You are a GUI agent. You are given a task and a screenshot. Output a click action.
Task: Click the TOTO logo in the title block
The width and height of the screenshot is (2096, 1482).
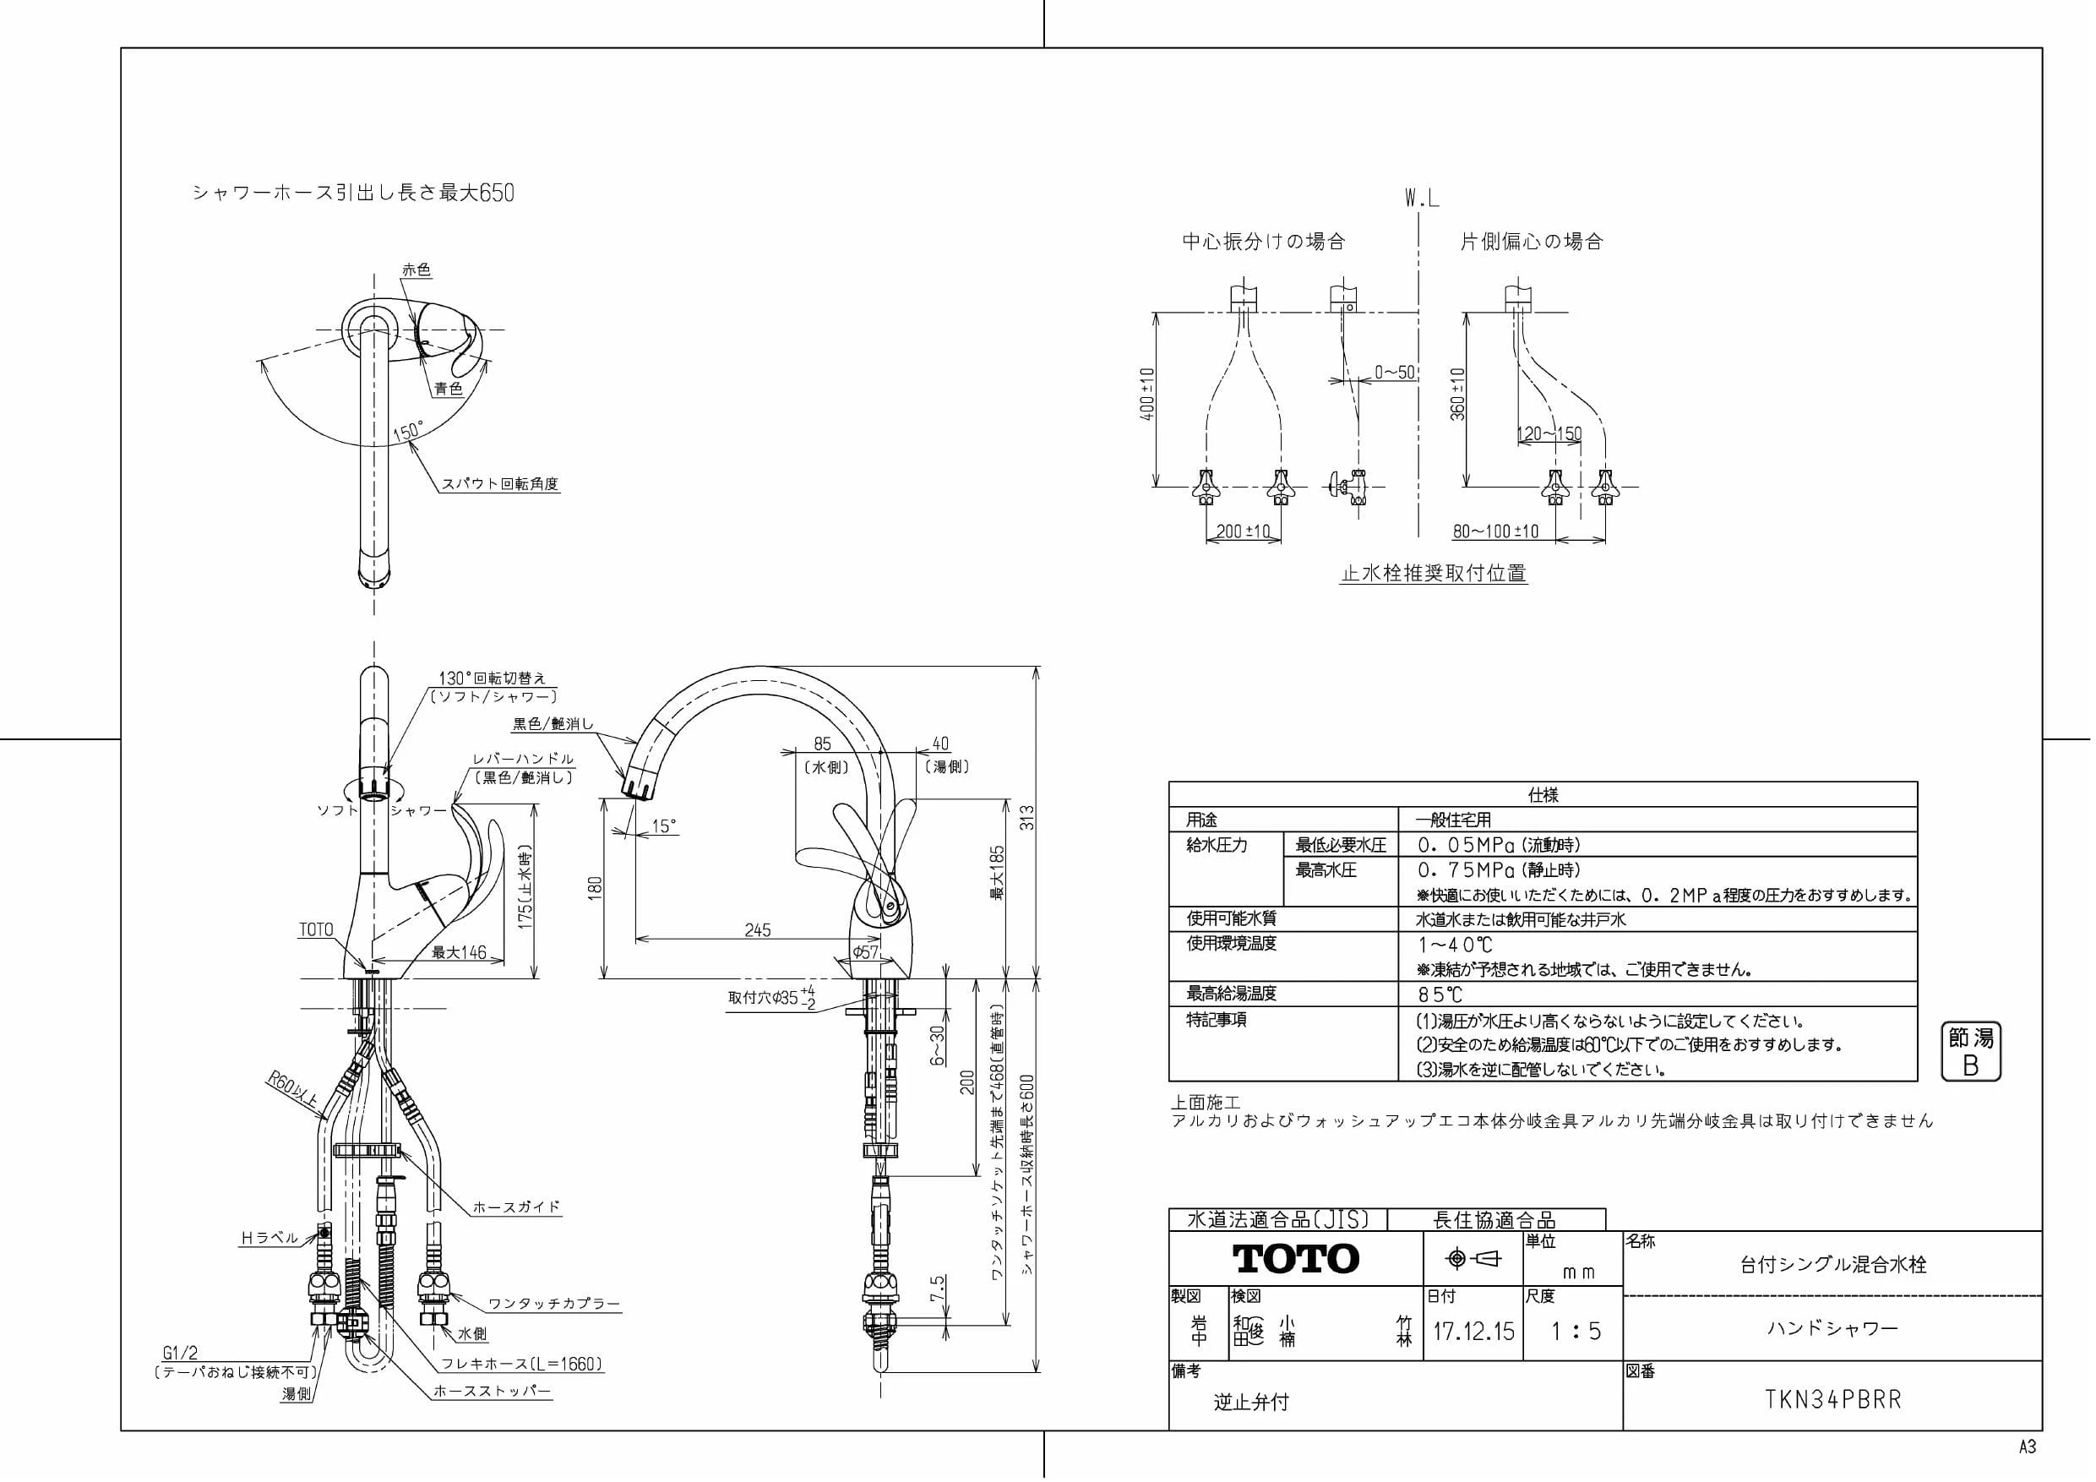coord(1295,1258)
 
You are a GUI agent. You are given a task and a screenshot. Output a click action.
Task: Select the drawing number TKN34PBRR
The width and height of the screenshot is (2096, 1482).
coord(1833,1400)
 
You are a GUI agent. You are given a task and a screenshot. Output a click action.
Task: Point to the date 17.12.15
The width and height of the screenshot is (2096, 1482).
coord(1473,1331)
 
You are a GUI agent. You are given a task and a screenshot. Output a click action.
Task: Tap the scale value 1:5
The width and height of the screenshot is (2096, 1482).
coord(1576,1331)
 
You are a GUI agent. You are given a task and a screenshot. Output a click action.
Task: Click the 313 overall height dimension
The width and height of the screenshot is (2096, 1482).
coord(1026,818)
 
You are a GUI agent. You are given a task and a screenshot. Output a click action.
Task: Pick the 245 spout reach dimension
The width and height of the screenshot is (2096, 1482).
coord(758,929)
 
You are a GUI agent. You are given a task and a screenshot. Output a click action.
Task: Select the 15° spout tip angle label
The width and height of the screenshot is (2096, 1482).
coord(665,825)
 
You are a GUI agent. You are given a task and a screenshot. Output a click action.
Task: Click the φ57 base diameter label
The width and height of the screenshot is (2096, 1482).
coord(865,951)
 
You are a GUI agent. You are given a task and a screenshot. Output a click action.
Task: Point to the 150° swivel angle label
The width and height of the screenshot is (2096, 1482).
coord(408,430)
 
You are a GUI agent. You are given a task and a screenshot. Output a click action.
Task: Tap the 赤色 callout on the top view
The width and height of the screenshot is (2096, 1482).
coord(416,270)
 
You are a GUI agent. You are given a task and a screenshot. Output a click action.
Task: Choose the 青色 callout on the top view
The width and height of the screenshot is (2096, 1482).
coord(449,389)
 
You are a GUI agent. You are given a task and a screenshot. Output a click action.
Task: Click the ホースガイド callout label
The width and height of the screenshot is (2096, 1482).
coord(517,1207)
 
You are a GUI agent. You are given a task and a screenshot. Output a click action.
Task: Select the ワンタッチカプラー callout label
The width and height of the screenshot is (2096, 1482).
coord(554,1304)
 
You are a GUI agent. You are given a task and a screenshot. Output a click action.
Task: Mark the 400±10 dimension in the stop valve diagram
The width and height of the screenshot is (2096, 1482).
coord(1147,394)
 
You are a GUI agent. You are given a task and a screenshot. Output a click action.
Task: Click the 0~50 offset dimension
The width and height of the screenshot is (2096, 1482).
coord(1395,373)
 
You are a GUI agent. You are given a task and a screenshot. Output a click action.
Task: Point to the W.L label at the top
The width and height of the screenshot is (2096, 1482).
coord(1423,199)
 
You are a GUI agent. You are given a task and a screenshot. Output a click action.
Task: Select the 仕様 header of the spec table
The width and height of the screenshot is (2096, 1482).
coord(1543,794)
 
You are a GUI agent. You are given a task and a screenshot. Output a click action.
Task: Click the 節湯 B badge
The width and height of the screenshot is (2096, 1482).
coord(1971,1051)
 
